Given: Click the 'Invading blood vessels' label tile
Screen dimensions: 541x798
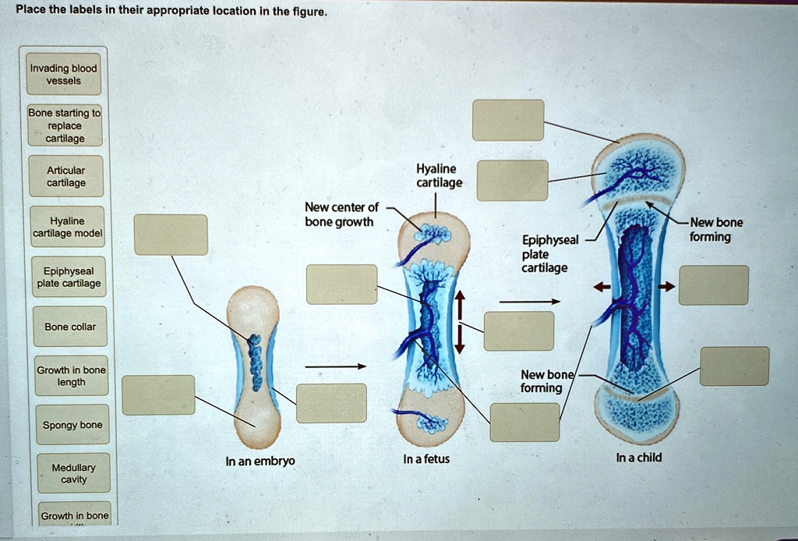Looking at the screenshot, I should tap(63, 74).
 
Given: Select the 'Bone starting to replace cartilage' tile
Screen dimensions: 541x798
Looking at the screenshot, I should tap(64, 126).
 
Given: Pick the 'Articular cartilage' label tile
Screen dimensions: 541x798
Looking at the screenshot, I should tap(66, 177).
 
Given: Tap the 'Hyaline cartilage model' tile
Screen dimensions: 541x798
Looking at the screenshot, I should tap(67, 227).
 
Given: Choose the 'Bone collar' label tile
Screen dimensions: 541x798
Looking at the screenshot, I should tap(70, 327).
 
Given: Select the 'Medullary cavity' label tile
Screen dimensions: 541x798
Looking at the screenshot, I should tap(73, 473).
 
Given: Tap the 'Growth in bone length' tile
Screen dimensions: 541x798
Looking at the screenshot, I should tap(71, 376).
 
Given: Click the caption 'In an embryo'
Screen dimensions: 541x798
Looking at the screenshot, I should tap(260, 461).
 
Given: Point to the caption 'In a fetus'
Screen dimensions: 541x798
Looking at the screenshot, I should tap(426, 458).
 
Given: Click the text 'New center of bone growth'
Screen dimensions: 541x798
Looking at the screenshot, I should tap(341, 214).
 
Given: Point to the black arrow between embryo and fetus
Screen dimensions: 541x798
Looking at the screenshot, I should tap(335, 366).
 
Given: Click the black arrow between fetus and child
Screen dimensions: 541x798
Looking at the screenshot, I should tap(530, 300).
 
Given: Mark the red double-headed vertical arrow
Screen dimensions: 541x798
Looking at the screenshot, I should tap(461, 321).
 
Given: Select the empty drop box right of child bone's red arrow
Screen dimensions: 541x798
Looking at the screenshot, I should tap(714, 285).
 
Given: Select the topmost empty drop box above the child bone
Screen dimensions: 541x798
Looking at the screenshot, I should tap(507, 120).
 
